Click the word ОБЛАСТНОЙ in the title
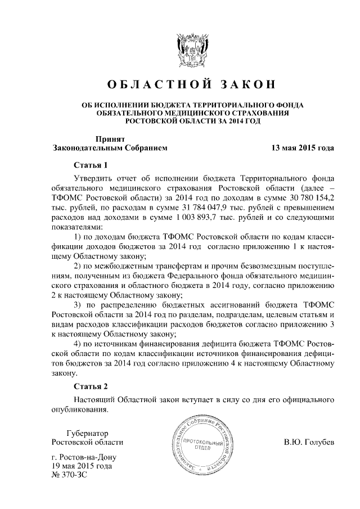click(x=154, y=86)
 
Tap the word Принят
click(x=110, y=138)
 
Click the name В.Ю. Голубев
click(x=309, y=442)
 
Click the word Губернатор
click(x=87, y=433)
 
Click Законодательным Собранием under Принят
click(x=110, y=148)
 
